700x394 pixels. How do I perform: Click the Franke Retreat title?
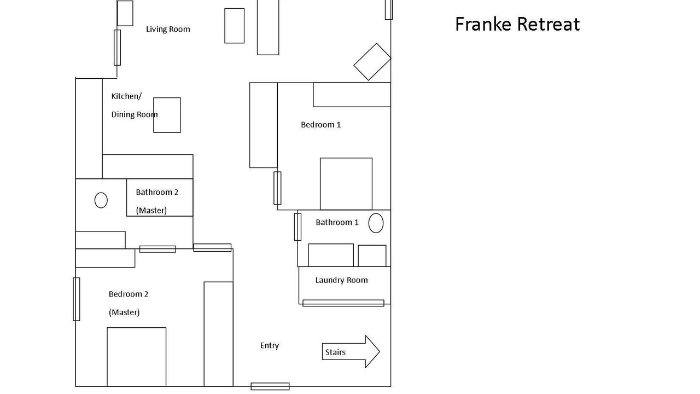[517, 24]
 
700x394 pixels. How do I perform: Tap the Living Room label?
[168, 29]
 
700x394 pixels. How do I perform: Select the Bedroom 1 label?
[320, 124]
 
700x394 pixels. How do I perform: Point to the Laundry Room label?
[341, 280]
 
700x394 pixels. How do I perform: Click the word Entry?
[270, 345]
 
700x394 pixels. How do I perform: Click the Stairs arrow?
[351, 351]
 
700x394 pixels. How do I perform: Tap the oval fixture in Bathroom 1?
[376, 223]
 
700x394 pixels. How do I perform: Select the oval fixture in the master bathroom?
[101, 200]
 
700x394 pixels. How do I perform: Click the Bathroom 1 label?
[337, 222]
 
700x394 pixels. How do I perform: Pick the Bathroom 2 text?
[157, 192]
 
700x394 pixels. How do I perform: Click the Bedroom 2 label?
[128, 294]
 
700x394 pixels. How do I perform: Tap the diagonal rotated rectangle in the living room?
[372, 62]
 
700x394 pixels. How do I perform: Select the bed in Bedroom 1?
[346, 184]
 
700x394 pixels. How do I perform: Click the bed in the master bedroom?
[137, 357]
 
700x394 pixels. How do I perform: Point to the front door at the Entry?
[270, 386]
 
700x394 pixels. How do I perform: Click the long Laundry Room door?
[343, 303]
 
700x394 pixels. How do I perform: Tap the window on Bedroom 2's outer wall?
[76, 299]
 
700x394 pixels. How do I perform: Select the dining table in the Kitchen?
[167, 115]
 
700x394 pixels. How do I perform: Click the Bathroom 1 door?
[297, 227]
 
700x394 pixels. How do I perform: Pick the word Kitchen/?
[126, 96]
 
